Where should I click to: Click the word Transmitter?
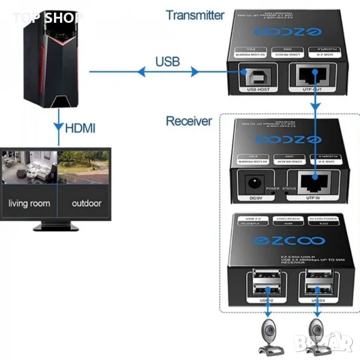click(195, 15)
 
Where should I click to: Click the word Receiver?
click(189, 121)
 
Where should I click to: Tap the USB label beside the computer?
click(167, 61)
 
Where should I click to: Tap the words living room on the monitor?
click(29, 203)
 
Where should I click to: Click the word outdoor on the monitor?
click(86, 203)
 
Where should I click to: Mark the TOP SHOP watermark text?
click(48, 17)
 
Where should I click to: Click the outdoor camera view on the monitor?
click(85, 166)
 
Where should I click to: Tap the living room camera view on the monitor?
click(29, 166)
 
